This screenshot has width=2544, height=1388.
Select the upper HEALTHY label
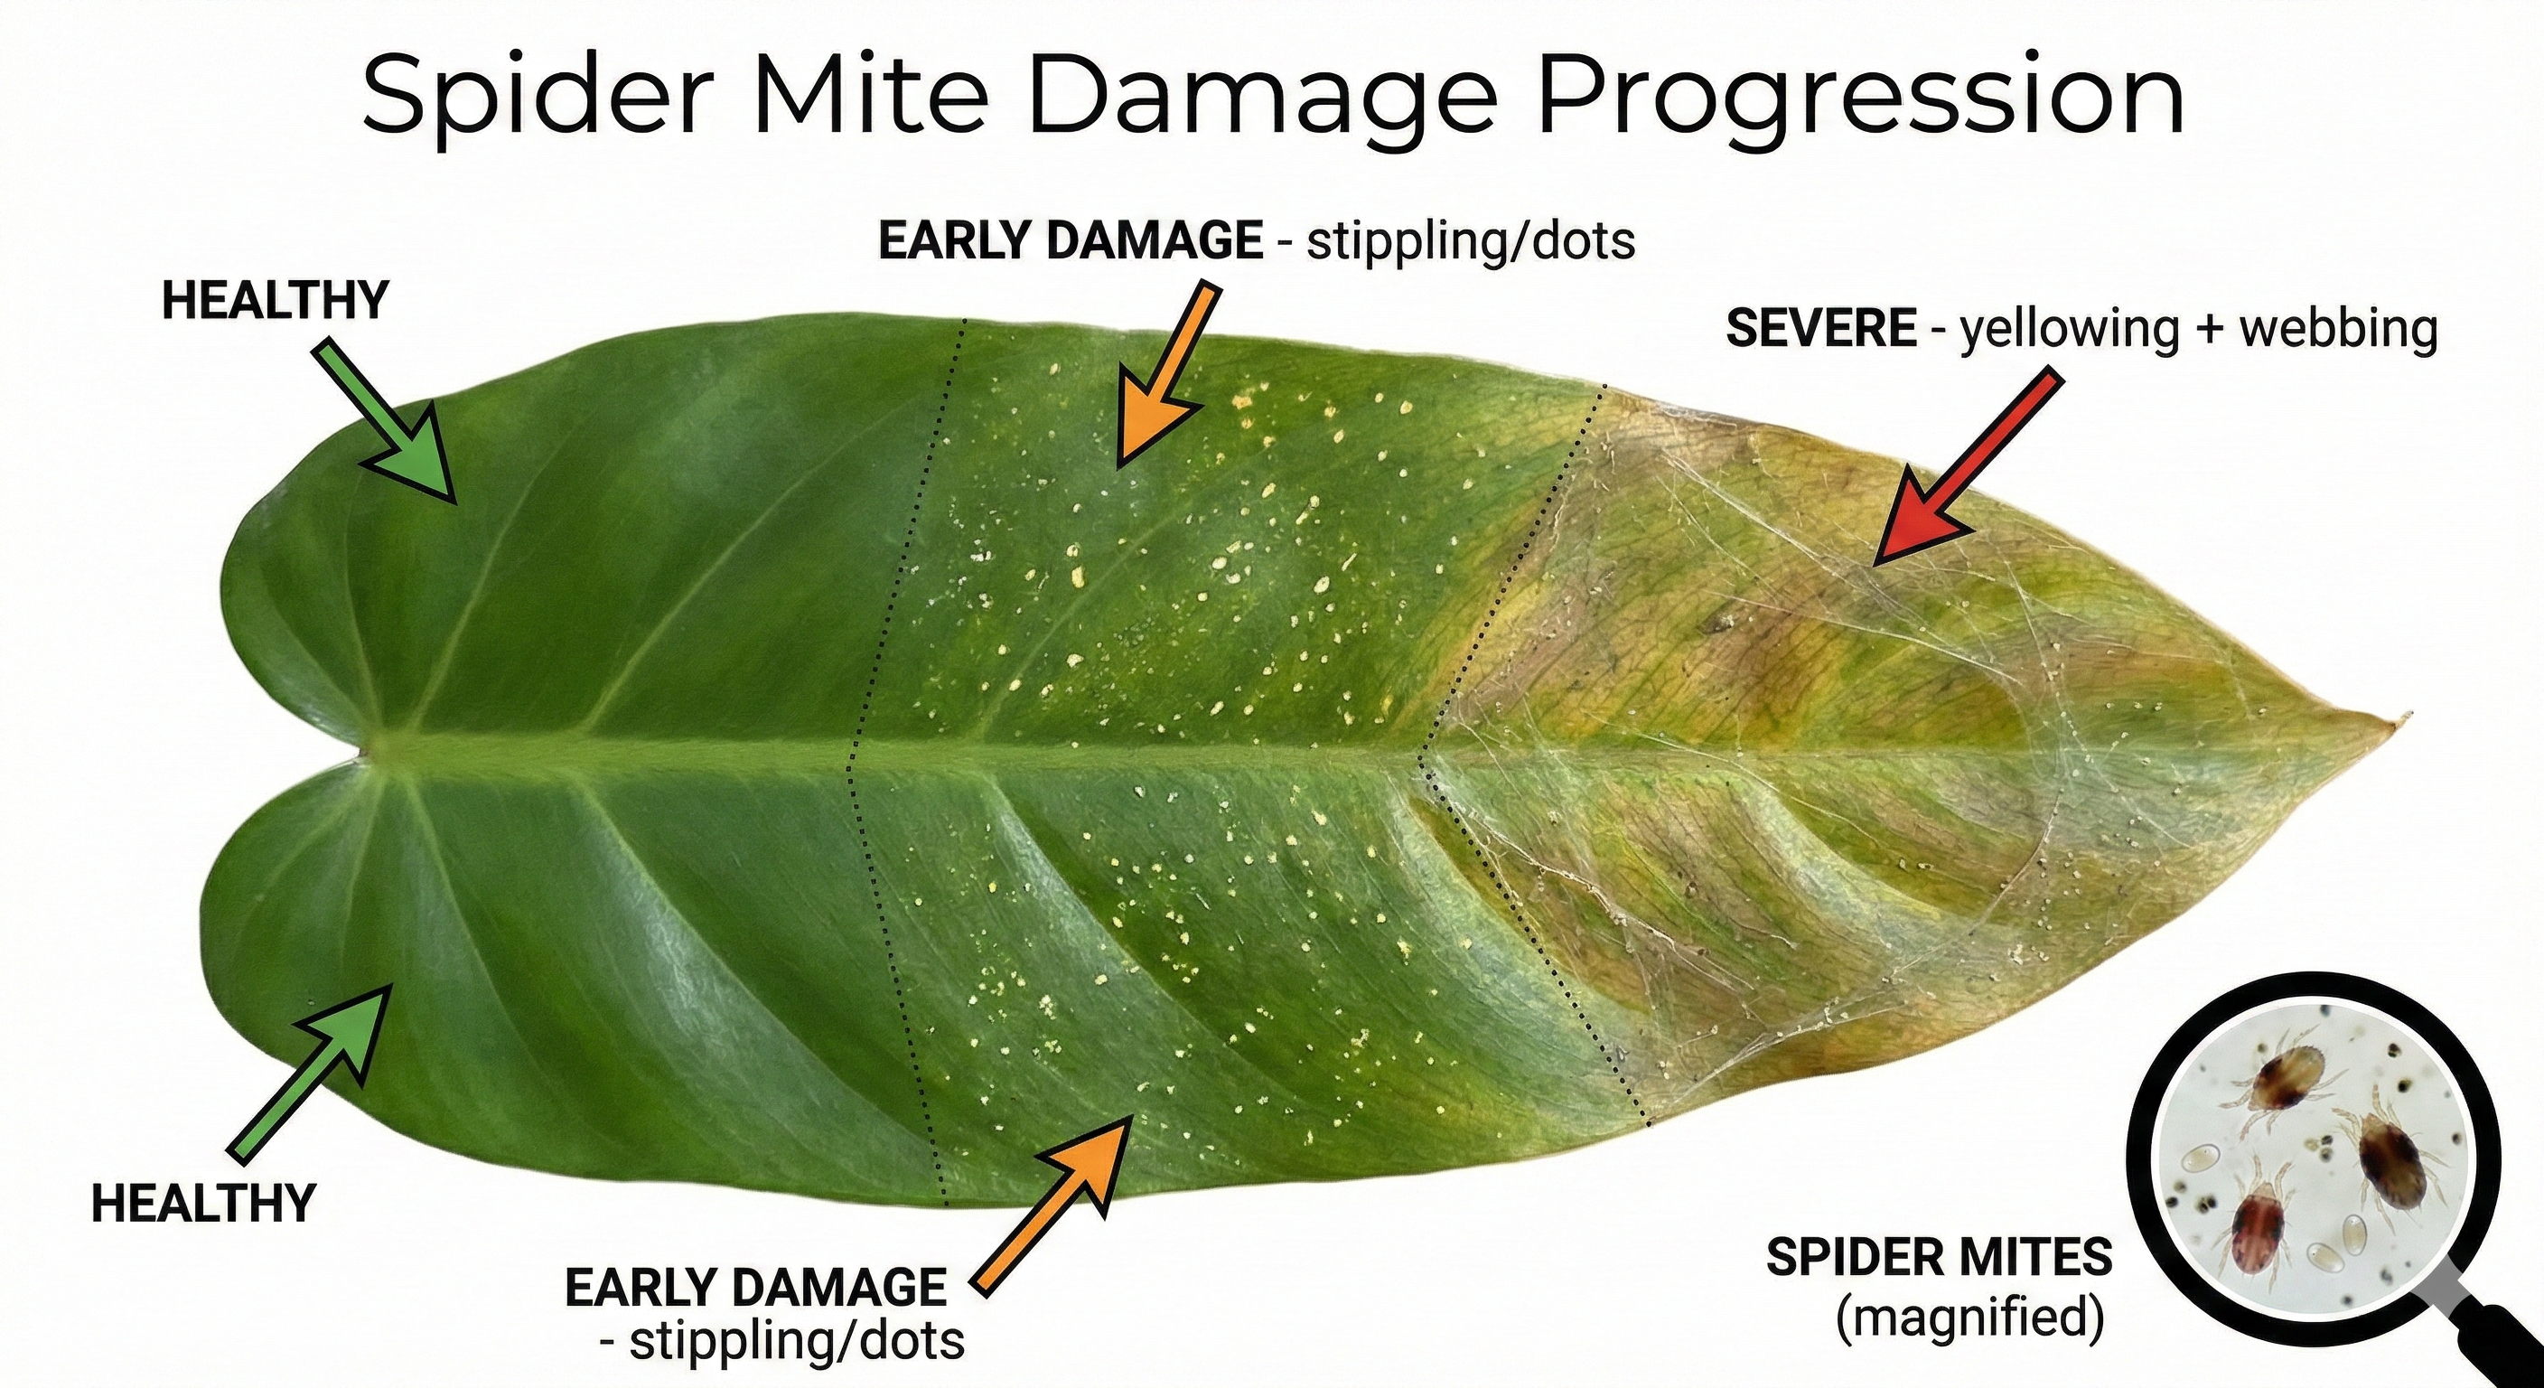pos(275,300)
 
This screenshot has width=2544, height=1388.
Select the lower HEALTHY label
pos(202,1205)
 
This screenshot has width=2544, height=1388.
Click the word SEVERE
pos(1820,328)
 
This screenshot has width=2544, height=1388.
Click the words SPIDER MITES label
pos(1939,1258)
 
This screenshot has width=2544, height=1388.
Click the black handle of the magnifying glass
pos(2509,1347)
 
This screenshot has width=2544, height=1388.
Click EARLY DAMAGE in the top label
pos(1071,241)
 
